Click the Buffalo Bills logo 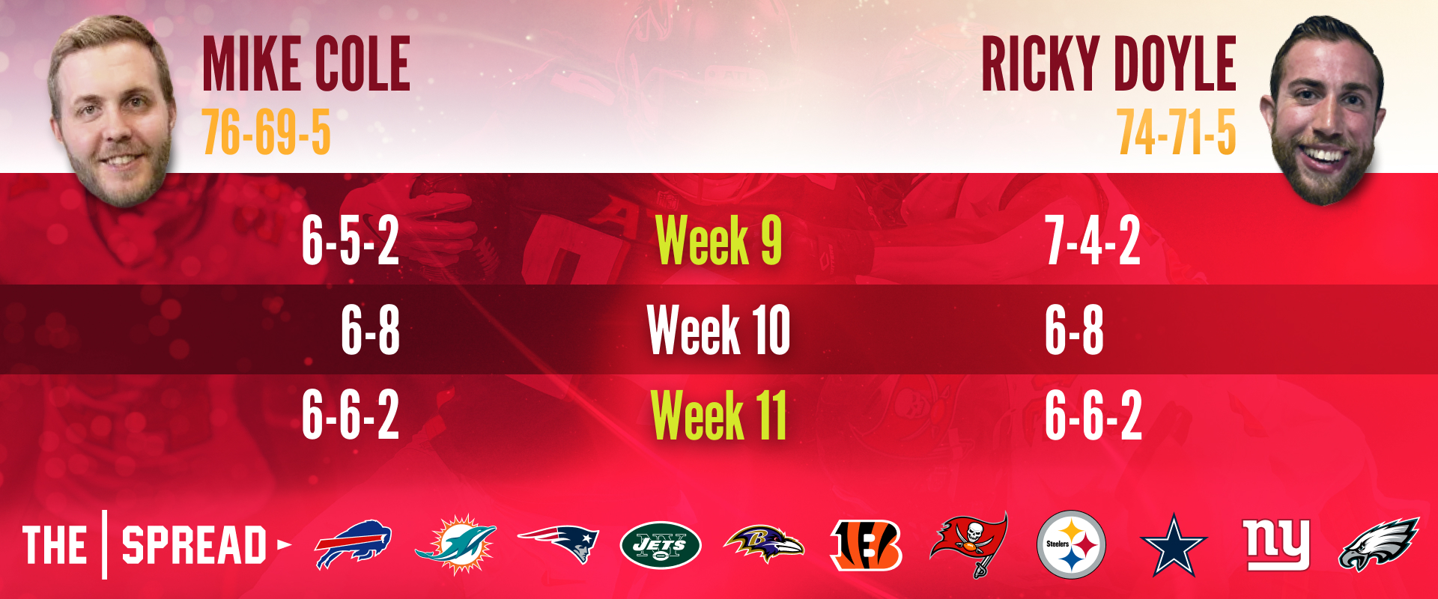pos(353,544)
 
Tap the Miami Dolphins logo pos(455,544)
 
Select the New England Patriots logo pos(558,544)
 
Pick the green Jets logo pos(661,545)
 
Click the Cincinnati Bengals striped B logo pos(866,545)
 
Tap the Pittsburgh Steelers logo pos(1071,544)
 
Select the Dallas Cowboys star pos(1174,545)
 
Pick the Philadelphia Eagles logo pos(1379,544)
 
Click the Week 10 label pos(718,329)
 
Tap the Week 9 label pos(718,240)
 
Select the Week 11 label pos(718,416)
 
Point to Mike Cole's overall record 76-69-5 pos(266,132)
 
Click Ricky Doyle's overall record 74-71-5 pos(1177,132)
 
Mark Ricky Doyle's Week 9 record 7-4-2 pos(1093,240)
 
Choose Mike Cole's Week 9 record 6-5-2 pos(351,240)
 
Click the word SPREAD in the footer pos(194,545)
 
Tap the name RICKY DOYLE pos(1108,64)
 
